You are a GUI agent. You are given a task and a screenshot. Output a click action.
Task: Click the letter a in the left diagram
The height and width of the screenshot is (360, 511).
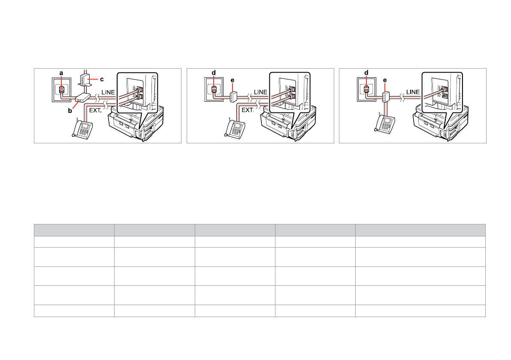click(x=61, y=73)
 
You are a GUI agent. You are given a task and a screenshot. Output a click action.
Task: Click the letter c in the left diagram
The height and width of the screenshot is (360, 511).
click(x=102, y=79)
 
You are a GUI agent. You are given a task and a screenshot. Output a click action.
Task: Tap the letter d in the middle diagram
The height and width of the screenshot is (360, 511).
click(x=214, y=73)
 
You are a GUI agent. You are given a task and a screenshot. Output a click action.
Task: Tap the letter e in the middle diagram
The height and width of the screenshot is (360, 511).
click(x=233, y=80)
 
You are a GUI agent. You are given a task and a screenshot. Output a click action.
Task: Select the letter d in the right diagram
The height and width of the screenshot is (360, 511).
click(x=366, y=73)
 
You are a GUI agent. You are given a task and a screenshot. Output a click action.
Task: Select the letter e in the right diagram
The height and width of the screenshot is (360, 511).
click(x=385, y=80)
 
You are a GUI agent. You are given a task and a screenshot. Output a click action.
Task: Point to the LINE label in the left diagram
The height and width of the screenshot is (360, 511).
click(x=108, y=92)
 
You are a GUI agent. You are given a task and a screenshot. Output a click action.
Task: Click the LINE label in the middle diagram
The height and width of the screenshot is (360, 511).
click(x=261, y=92)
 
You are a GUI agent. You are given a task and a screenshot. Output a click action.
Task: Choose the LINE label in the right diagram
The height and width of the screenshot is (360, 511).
click(x=413, y=92)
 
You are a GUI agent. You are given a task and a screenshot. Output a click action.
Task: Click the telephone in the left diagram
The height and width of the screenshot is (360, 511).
click(x=83, y=128)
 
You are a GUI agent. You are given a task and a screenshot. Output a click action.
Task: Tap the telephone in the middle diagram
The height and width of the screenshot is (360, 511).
click(x=235, y=128)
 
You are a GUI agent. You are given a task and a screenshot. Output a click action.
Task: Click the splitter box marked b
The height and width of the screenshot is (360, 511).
click(x=81, y=99)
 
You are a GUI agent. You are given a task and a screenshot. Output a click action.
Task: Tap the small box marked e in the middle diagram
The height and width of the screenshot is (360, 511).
click(x=233, y=97)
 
